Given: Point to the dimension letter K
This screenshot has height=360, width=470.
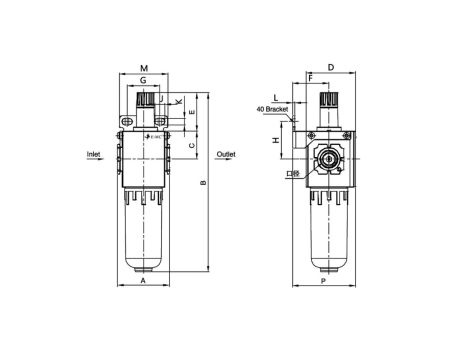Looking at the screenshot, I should coord(178,102).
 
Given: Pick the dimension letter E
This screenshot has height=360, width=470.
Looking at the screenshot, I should coord(191,114).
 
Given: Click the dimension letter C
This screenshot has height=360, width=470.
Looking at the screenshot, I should coord(191,145).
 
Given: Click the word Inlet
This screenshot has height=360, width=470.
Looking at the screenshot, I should coord(95,155).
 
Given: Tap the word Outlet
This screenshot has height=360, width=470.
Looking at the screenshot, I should coord(226,155).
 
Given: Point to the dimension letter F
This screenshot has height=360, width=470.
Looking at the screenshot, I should coord(311,77).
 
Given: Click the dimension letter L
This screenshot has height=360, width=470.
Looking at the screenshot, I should coord(275,98).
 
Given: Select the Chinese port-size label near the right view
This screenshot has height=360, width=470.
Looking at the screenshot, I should coord(290,173).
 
